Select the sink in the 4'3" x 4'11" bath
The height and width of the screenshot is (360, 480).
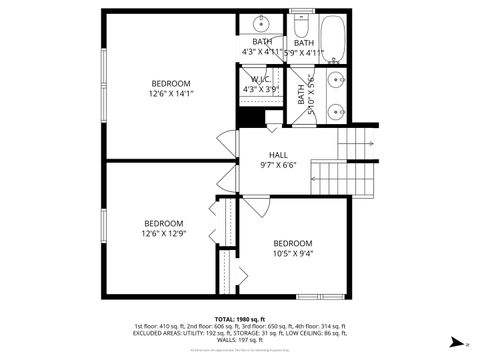261,22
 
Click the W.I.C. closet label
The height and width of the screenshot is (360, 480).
261,79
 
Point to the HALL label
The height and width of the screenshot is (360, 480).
278,155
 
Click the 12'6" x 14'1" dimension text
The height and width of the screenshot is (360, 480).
171,93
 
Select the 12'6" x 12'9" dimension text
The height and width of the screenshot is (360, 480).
163,233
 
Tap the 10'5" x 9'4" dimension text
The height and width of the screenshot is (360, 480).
293,253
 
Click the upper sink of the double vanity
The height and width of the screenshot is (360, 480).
340,79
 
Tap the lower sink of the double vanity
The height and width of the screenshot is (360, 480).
340,112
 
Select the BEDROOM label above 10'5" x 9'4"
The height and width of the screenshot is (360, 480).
293,243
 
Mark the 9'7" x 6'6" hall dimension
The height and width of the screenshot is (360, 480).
278,165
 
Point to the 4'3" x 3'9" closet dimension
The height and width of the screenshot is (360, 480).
261,89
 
